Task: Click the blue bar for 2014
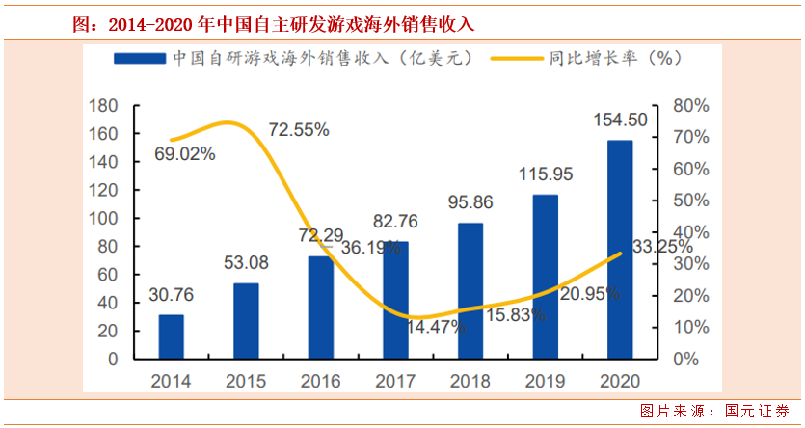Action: click(172, 336)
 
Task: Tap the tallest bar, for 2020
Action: click(620, 250)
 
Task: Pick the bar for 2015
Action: click(247, 321)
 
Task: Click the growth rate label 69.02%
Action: click(184, 153)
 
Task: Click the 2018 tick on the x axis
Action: click(470, 381)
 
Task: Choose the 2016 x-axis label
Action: click(321, 381)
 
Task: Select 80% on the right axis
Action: click(690, 106)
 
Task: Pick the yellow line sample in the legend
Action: click(516, 58)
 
